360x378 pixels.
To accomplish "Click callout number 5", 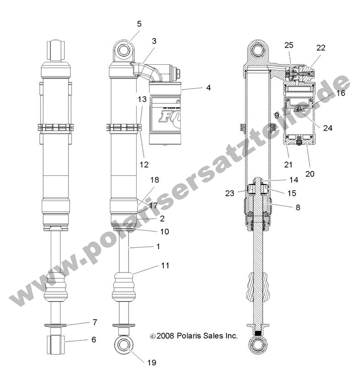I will point(139,23).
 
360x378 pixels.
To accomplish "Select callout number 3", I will point(154,41).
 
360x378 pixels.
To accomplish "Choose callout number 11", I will point(165,265).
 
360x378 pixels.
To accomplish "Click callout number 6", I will point(94,340).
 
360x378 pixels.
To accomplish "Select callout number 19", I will point(152,363).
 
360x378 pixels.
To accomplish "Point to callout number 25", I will point(288,45).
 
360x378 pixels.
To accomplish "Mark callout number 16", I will point(340,93).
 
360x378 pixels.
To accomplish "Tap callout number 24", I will point(327,128).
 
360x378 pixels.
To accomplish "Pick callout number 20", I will point(310,174).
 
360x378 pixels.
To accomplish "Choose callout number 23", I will point(230,193).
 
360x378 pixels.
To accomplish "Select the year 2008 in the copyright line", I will point(164,336).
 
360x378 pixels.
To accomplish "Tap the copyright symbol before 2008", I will point(152,336).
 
